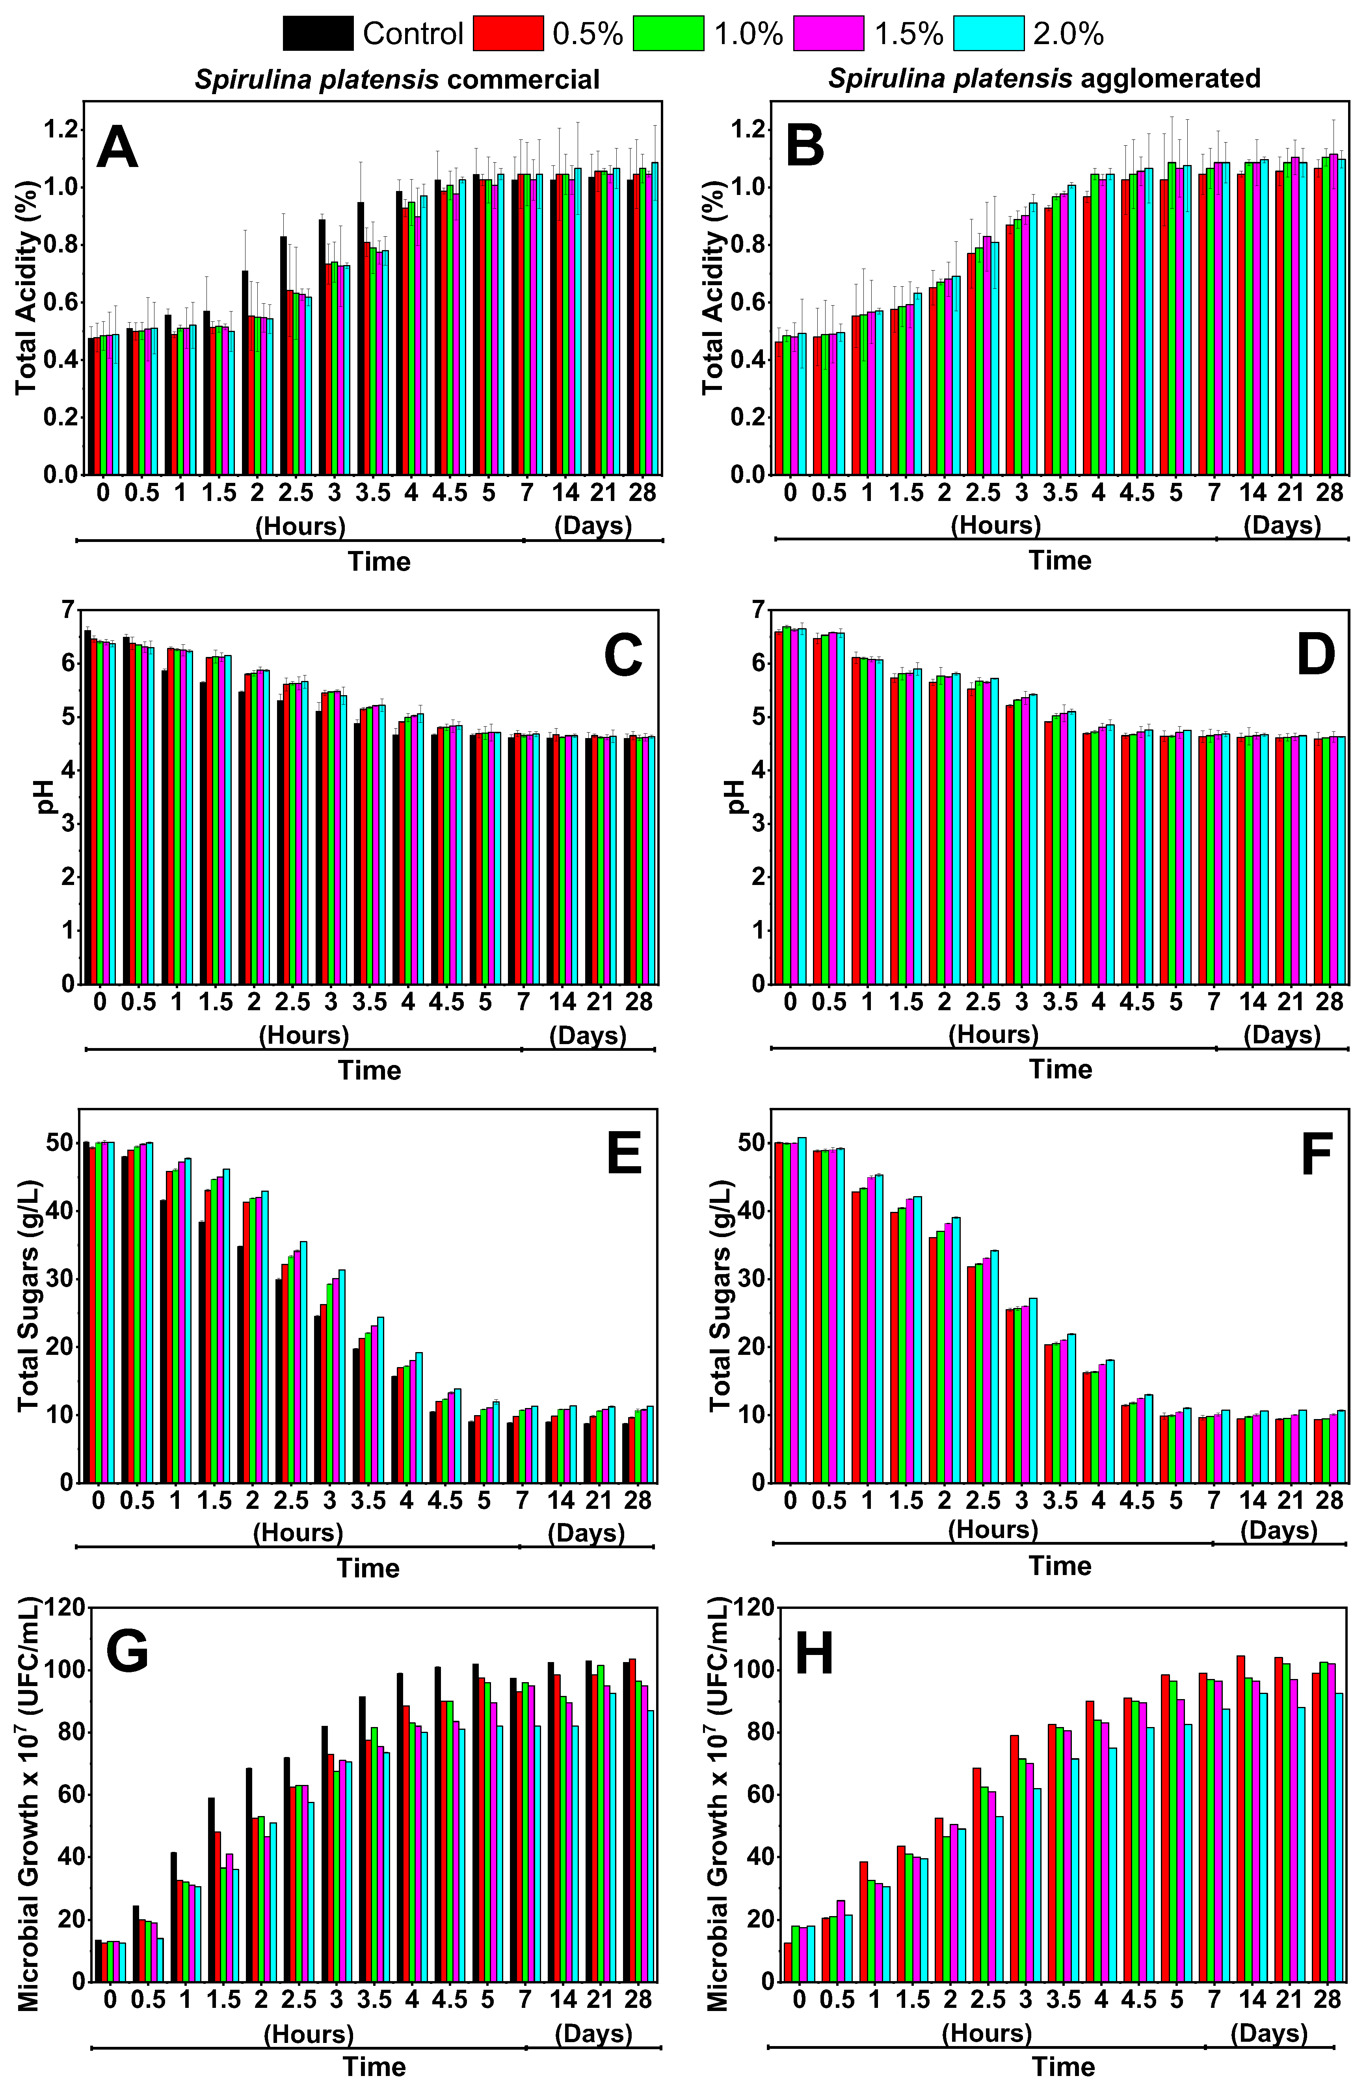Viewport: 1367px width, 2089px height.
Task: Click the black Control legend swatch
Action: (x=318, y=33)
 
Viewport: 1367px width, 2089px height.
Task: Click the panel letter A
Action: (x=118, y=147)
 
